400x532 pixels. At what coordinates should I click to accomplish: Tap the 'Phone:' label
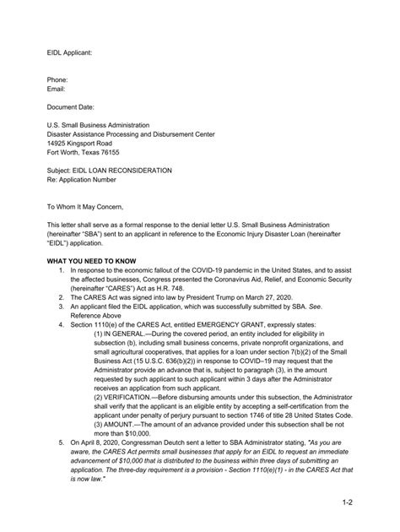coord(58,79)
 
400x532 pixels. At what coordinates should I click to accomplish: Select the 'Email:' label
coord(57,89)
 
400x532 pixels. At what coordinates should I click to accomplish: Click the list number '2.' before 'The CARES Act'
coord(62,298)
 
